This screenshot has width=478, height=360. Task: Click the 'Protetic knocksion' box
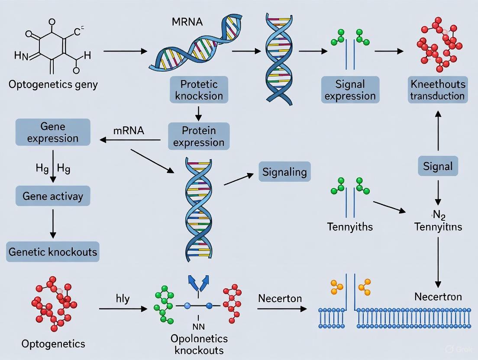(x=199, y=90)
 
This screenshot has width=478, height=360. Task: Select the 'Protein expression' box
(x=199, y=136)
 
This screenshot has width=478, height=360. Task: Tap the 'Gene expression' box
(x=53, y=132)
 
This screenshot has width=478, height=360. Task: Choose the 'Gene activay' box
(x=53, y=196)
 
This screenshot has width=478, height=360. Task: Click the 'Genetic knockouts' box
(x=53, y=251)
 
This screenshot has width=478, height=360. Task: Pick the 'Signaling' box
(x=284, y=172)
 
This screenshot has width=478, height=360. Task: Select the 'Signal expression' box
(x=350, y=90)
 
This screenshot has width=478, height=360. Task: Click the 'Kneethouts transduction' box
(x=438, y=90)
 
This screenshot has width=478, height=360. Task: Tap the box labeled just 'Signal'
(x=438, y=166)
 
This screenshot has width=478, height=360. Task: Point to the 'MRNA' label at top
(x=187, y=22)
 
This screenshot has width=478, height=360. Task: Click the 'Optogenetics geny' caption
(x=53, y=84)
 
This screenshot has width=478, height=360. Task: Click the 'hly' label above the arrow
(x=123, y=299)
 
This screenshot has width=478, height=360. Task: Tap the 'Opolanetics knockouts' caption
(x=199, y=344)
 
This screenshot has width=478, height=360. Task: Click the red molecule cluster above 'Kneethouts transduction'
(x=438, y=44)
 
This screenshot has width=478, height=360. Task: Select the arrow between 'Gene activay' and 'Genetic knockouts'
(x=53, y=223)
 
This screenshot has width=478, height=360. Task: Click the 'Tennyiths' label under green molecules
(x=350, y=226)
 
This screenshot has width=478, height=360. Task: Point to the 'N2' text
(x=438, y=214)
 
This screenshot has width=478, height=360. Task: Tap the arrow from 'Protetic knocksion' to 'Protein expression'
(x=199, y=113)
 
